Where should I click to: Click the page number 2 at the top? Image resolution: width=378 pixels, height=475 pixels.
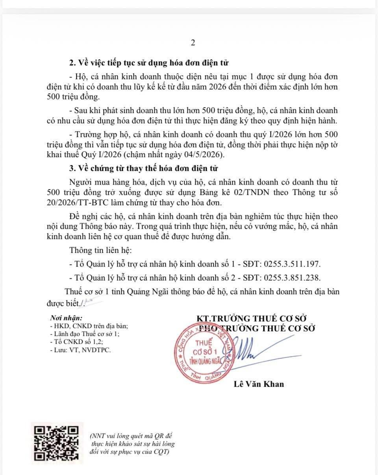click(x=193, y=43)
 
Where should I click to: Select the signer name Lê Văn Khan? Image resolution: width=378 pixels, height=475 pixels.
click(x=259, y=384)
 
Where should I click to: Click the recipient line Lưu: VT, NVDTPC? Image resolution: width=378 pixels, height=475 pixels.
click(x=80, y=350)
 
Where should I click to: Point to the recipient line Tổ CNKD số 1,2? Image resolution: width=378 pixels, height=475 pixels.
click(x=76, y=342)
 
